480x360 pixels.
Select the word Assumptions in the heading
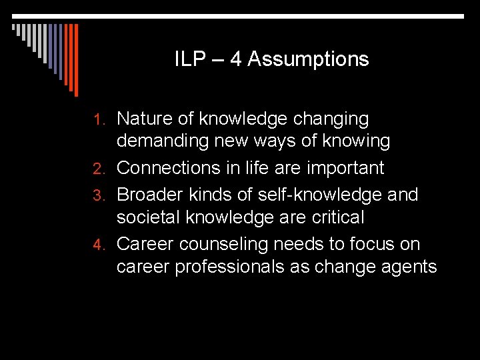(x=308, y=60)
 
